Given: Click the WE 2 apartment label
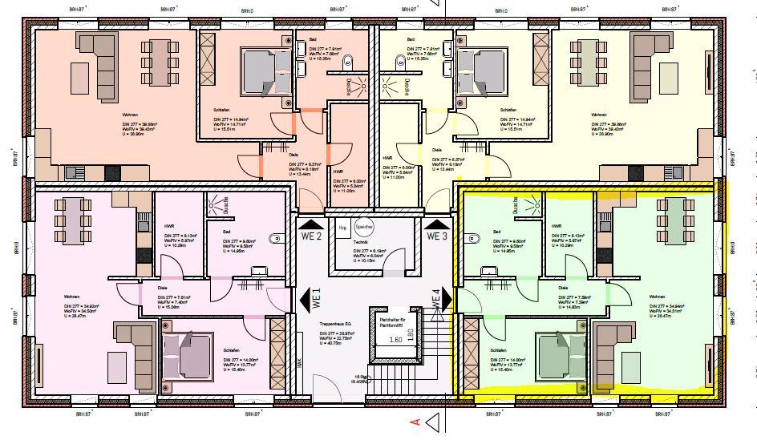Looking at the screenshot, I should (x=312, y=236).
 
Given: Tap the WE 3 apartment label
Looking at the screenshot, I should (x=436, y=236).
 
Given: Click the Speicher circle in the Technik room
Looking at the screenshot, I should (x=365, y=227).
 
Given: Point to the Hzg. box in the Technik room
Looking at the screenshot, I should (x=343, y=227).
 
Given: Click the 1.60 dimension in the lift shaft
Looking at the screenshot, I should (x=395, y=338).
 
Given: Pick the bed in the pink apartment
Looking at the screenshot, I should (x=189, y=352).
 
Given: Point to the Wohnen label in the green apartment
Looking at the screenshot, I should (x=657, y=297).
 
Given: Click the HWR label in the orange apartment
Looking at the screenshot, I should (x=338, y=172).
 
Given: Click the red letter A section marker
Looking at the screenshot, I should (x=415, y=422).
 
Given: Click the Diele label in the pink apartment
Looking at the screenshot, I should (x=162, y=287).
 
